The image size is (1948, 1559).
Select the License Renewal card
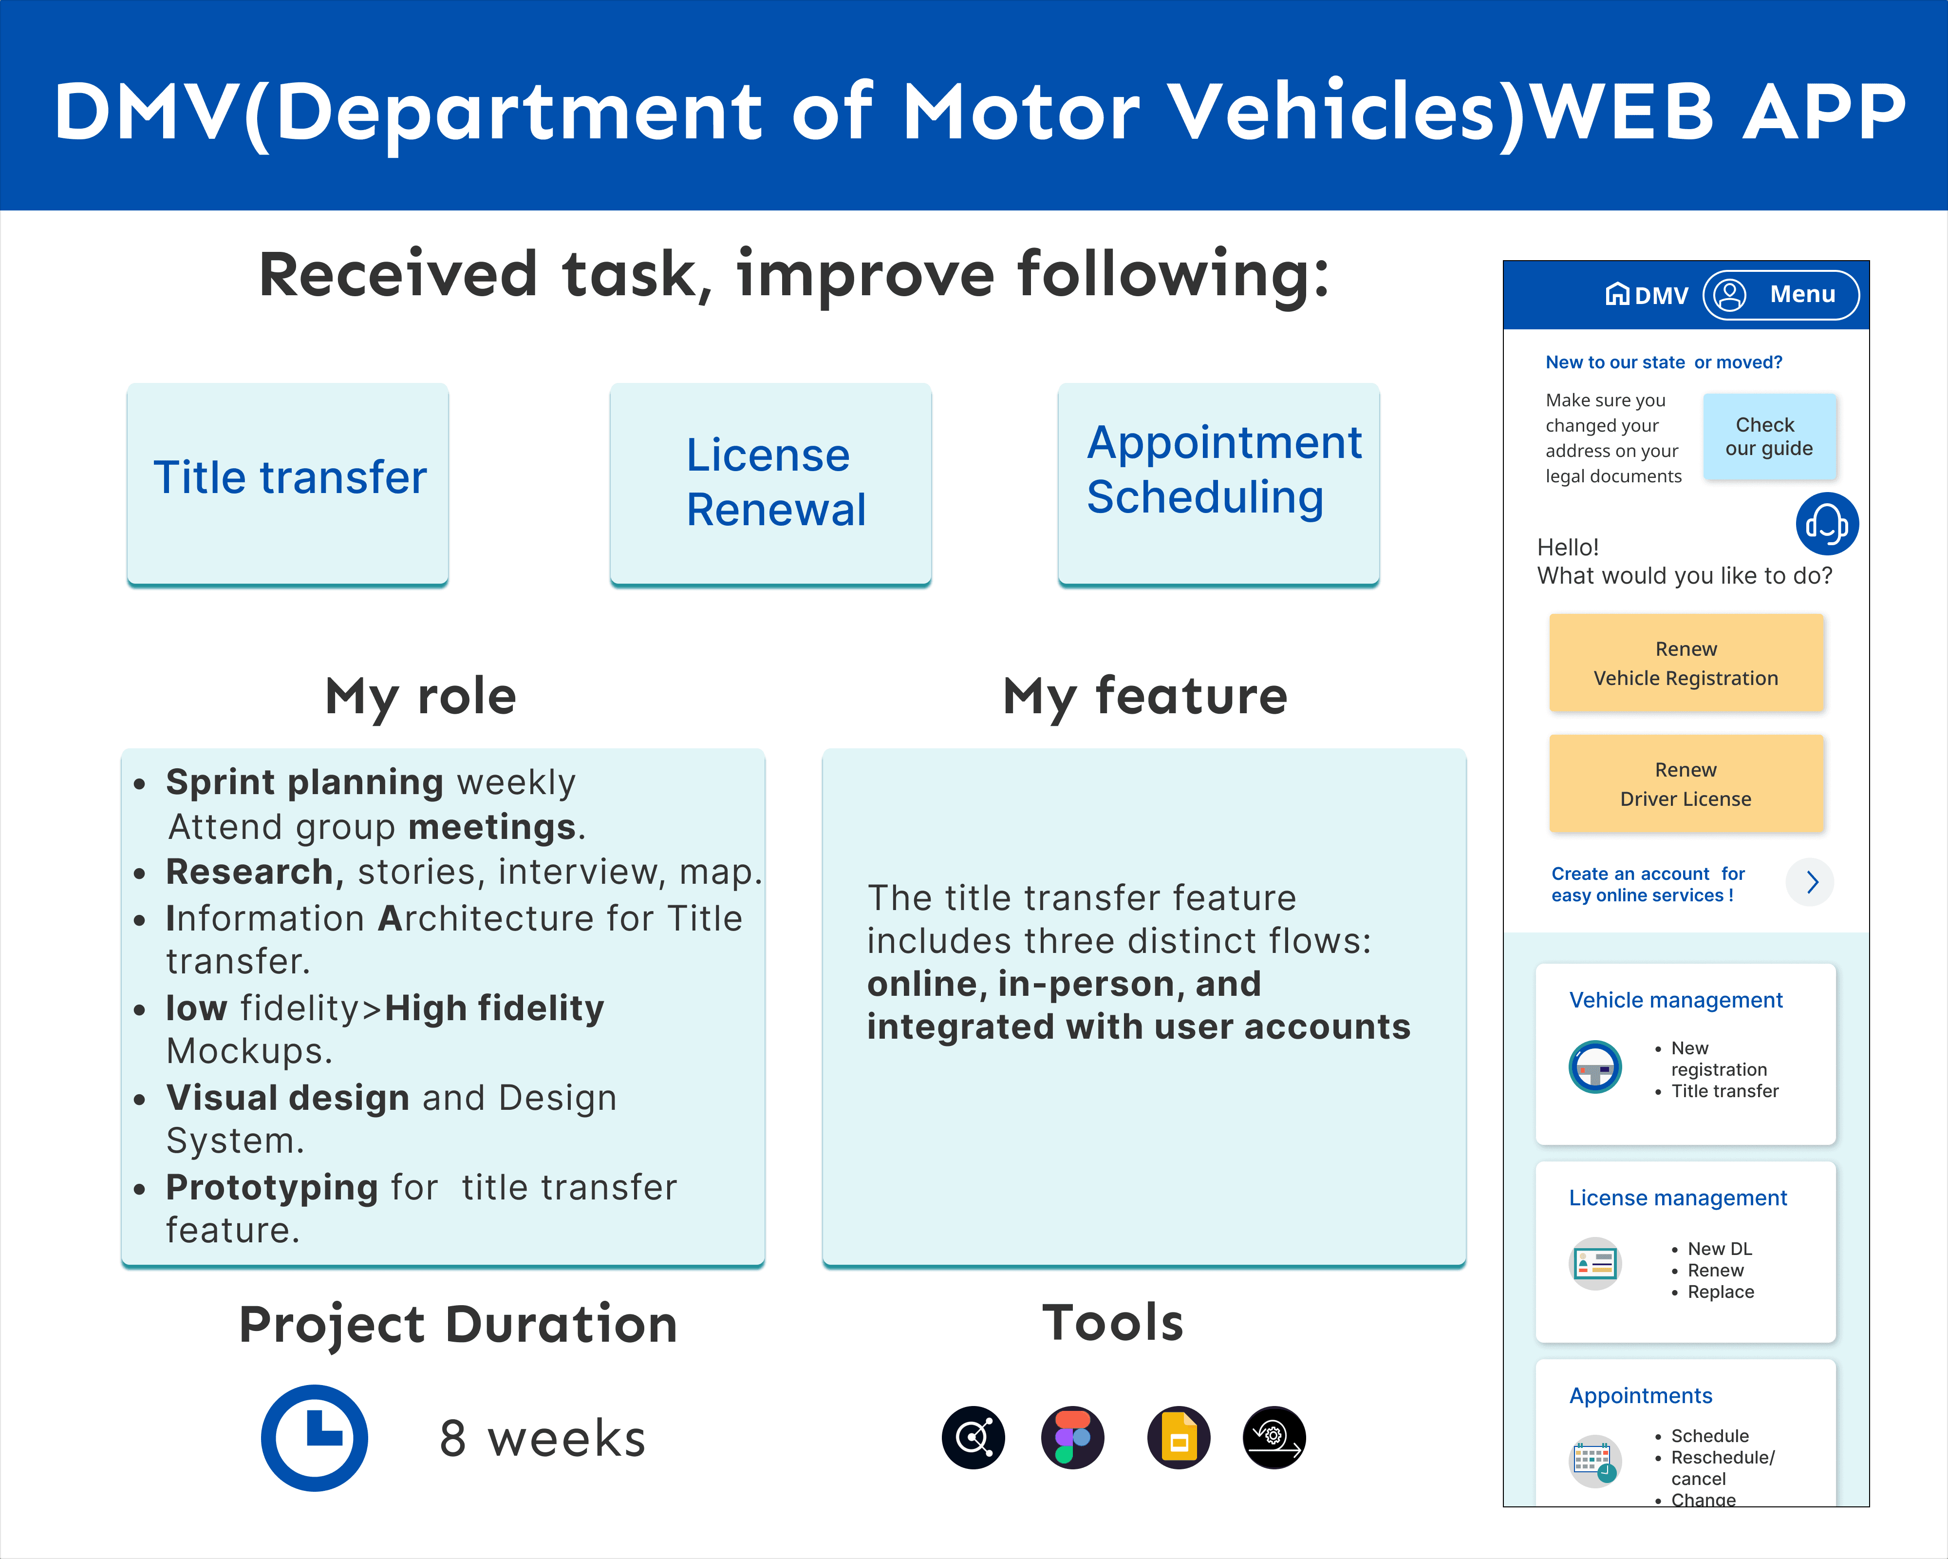coord(771,483)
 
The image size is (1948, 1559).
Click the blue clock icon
coord(315,1438)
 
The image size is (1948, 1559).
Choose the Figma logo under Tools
coord(1072,1438)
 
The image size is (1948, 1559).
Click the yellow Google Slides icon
coord(1178,1438)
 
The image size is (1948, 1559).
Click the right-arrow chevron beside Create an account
coord(1811,882)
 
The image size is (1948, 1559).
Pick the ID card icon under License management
coord(1595,1263)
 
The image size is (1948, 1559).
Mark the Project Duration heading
coord(458,1325)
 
